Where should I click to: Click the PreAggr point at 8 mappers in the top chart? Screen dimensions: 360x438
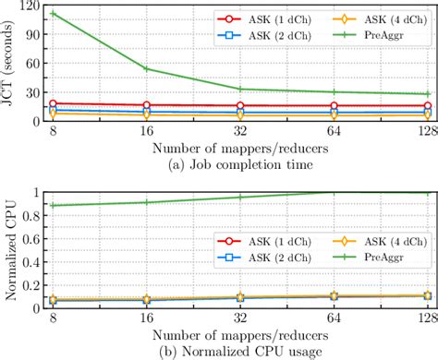[54, 14]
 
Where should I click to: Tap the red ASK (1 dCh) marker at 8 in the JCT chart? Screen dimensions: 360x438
[54, 103]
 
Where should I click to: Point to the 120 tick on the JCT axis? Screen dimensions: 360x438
[31, 6]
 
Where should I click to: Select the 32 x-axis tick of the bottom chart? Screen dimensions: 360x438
[240, 318]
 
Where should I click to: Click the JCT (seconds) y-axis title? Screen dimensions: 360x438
[10, 63]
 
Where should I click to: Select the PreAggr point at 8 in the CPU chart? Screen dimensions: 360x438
[54, 205]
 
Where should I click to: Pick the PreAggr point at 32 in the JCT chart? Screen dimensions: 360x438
[240, 90]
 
